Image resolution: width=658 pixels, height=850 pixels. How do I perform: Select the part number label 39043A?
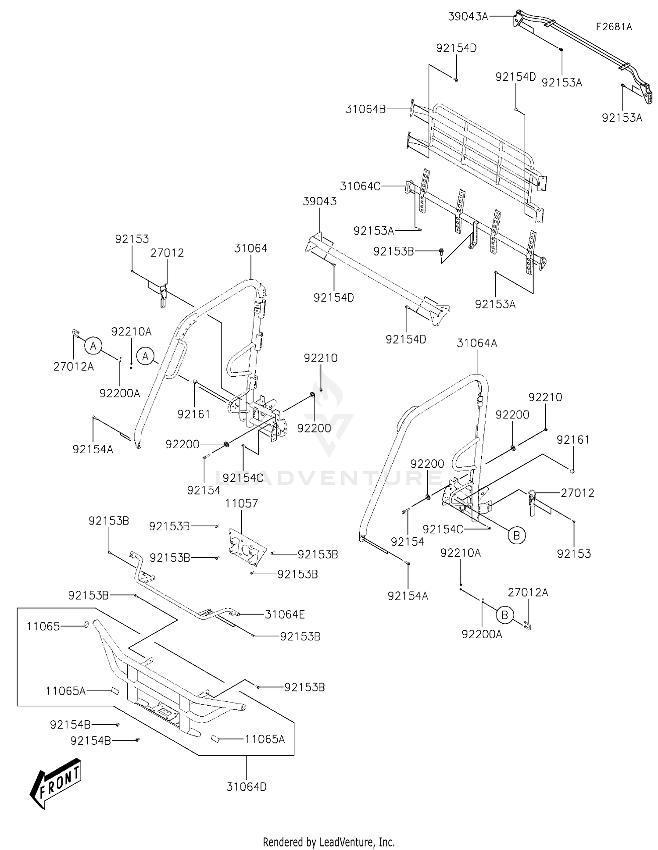click(x=468, y=17)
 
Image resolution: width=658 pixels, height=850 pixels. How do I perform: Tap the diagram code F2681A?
click(x=614, y=27)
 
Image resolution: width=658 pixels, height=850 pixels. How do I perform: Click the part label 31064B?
click(x=365, y=109)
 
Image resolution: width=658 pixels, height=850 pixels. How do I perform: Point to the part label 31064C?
click(x=361, y=186)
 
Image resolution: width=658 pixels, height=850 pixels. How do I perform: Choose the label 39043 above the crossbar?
click(x=320, y=201)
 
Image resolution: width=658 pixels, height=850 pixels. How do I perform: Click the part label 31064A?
click(x=477, y=343)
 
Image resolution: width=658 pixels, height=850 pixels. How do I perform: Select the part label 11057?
click(x=242, y=504)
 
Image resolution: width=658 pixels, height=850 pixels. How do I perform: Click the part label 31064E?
click(x=285, y=614)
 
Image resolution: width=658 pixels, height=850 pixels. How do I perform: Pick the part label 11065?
click(x=43, y=626)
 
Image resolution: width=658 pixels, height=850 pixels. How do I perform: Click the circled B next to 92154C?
click(x=516, y=535)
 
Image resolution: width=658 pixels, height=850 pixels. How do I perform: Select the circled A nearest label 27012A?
click(x=93, y=346)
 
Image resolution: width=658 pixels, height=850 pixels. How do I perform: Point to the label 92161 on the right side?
click(x=573, y=439)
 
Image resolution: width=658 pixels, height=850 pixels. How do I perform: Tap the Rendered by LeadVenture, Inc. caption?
click(x=329, y=842)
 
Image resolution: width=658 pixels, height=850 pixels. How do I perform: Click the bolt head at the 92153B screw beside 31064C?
click(x=441, y=251)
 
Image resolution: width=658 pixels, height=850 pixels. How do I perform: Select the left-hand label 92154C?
click(x=243, y=478)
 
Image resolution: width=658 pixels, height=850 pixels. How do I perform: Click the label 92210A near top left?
click(x=131, y=332)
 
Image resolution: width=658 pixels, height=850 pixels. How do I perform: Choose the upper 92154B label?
click(x=70, y=725)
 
